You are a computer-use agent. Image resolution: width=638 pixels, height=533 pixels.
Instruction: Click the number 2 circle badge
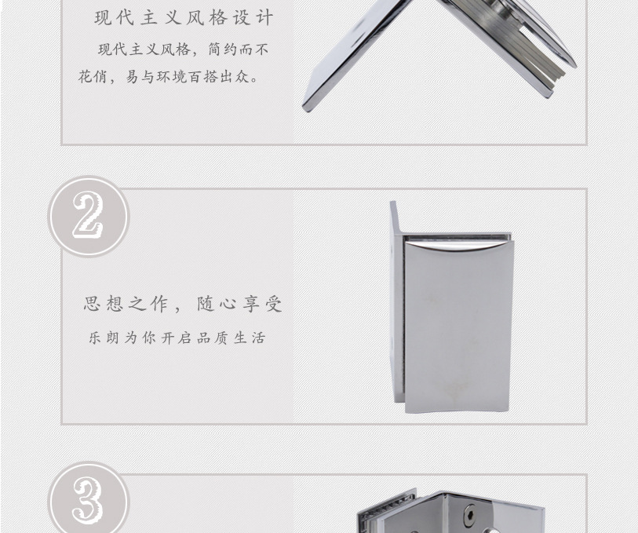pos(89,216)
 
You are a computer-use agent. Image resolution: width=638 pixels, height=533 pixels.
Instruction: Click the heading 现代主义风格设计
pos(184,18)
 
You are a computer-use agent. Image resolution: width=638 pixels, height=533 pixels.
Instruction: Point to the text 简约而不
pos(239,49)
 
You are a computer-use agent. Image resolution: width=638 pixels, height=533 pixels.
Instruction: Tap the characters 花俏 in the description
pos(93,76)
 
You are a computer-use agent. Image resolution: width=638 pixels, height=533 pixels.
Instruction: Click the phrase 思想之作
pos(126,304)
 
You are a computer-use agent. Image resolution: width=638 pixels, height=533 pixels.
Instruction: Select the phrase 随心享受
pos(239,304)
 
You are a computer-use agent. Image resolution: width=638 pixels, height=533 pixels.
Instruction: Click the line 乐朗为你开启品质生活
pos(177,338)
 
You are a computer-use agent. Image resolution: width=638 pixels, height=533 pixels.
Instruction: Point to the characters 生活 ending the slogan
pos(250,338)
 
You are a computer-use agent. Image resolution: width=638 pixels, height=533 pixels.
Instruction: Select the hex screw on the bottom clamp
pos(470,513)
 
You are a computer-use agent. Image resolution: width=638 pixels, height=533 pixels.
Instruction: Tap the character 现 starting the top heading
pos(104,18)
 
